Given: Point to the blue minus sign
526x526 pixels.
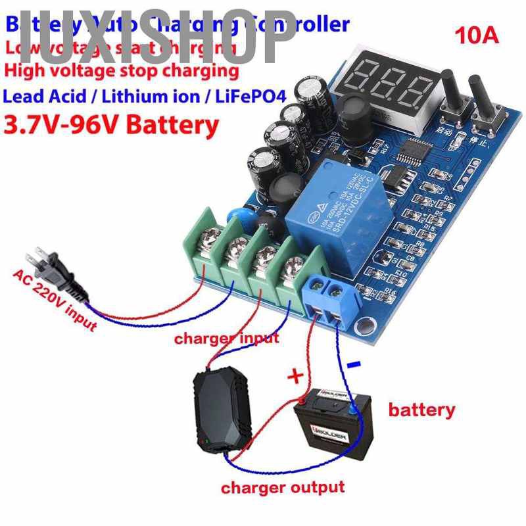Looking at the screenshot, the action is click(353, 364).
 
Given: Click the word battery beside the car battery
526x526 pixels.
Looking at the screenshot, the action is click(421, 410).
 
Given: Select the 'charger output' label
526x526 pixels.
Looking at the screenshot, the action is click(283, 488).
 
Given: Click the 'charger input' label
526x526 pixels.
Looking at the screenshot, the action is click(226, 339).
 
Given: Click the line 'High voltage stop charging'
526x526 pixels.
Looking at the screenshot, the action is click(122, 70).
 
